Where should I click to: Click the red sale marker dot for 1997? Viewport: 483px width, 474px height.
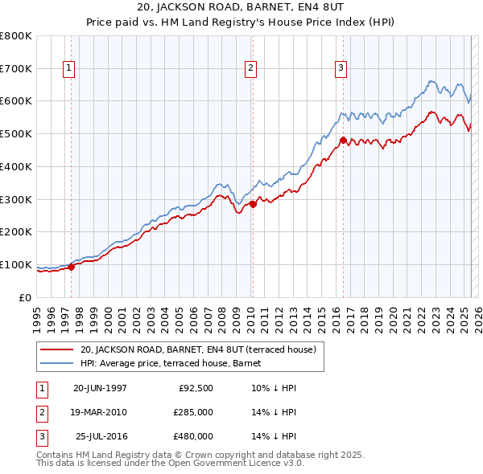tap(72, 267)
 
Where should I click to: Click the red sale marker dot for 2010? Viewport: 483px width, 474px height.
tap(253, 204)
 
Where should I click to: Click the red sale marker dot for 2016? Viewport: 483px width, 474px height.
tap(343, 141)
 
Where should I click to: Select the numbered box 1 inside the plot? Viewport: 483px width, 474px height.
tap(69, 69)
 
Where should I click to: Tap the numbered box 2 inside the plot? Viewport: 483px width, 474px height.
tap(251, 69)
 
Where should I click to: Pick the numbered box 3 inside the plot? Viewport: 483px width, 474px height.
tap(341, 69)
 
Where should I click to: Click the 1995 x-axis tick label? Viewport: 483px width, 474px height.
tap(37, 313)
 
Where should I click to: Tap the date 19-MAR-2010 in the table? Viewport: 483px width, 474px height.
tap(100, 412)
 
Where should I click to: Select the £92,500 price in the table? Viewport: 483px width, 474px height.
tap(195, 388)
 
